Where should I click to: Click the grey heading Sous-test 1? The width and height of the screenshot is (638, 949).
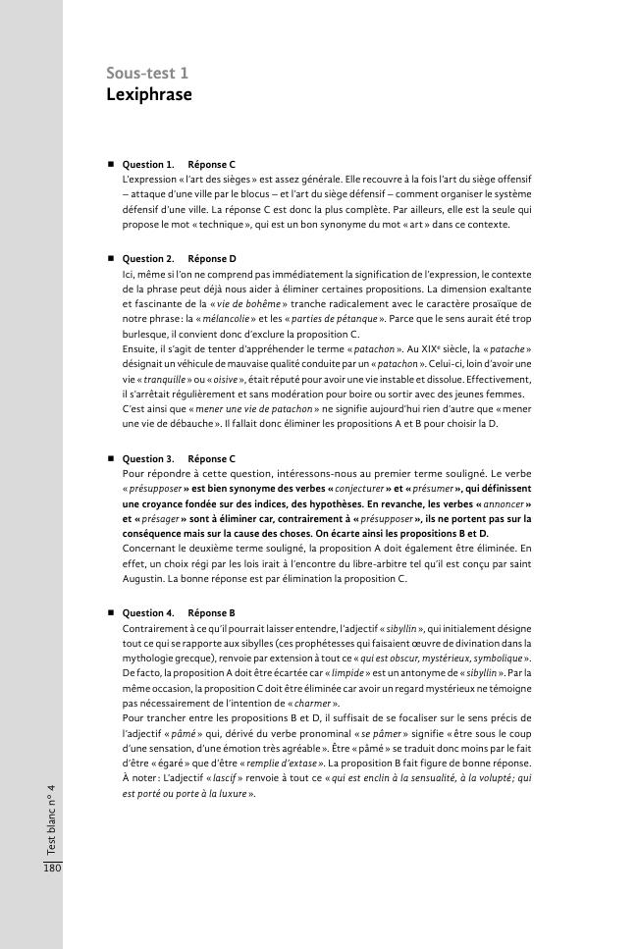tap(147, 74)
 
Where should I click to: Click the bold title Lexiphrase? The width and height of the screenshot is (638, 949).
tap(149, 95)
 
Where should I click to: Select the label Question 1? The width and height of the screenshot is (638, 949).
tap(148, 164)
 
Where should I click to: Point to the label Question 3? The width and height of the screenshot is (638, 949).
tap(148, 458)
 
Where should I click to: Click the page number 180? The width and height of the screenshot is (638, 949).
tap(51, 869)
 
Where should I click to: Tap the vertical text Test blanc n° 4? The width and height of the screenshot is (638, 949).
tap(51, 817)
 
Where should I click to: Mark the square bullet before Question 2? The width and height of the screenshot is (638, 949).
tap(111, 259)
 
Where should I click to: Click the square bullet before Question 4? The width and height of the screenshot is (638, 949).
tap(111, 612)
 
